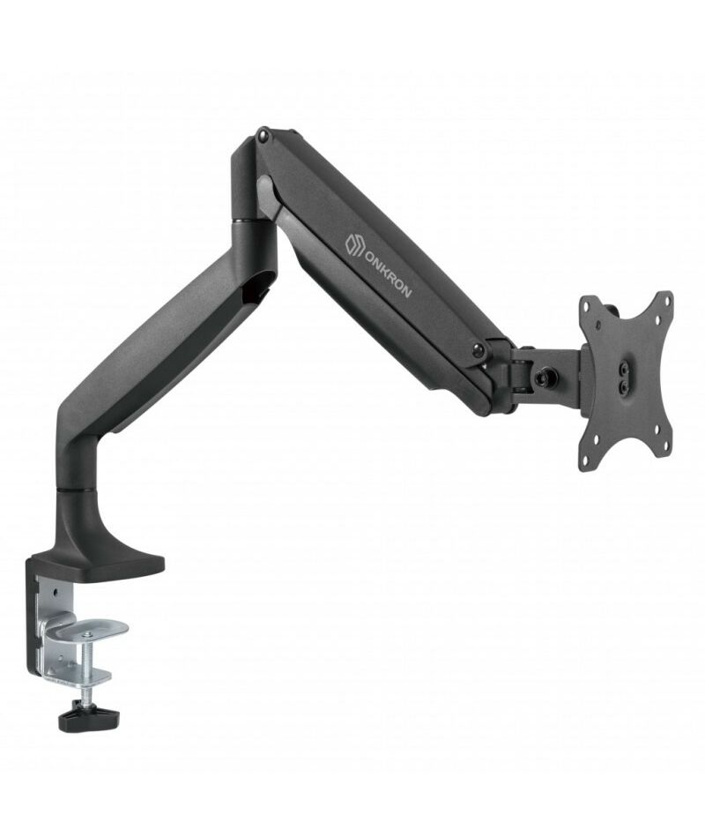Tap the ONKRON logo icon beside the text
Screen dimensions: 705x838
354,244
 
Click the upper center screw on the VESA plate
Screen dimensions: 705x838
624,368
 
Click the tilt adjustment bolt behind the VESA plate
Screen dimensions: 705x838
547,377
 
